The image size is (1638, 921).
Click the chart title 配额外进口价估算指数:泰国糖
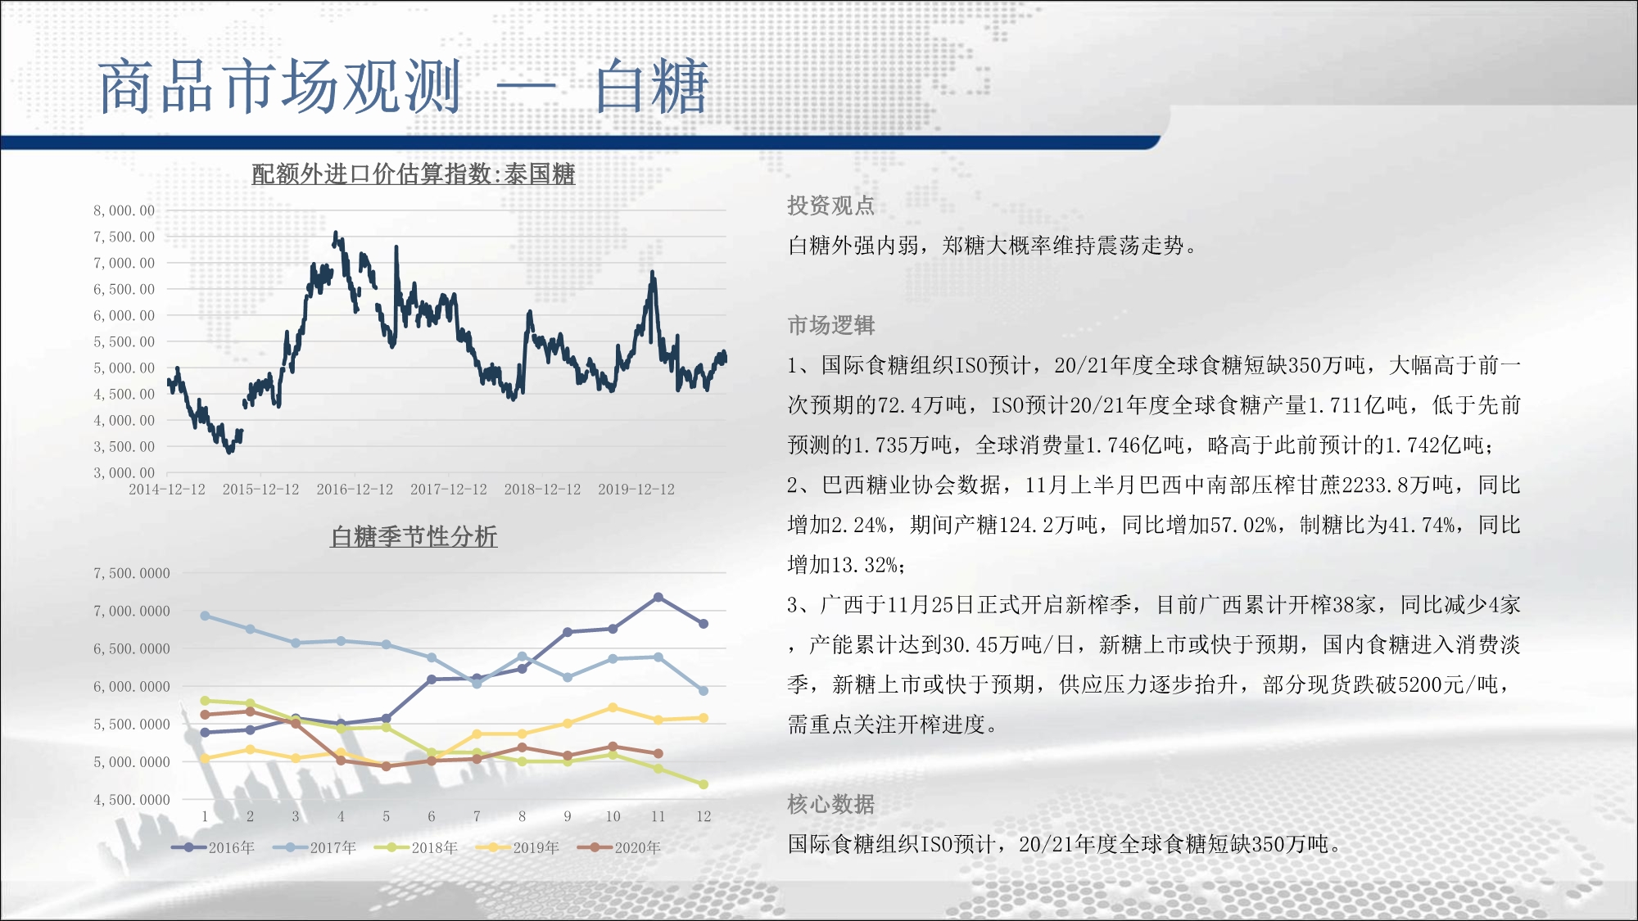[414, 174]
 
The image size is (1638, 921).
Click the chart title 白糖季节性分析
[414, 537]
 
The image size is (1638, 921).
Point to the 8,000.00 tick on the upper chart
[124, 211]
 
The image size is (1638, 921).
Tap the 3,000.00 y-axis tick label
[124, 473]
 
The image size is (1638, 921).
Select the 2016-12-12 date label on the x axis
[355, 490]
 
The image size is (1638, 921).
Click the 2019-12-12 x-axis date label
[636, 490]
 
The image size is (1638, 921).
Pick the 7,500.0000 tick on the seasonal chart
[132, 574]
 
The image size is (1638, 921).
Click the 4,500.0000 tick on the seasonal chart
[132, 800]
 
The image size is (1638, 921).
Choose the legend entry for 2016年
[213, 847]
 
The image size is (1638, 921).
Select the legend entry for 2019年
[518, 847]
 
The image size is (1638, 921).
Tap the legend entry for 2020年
[619, 847]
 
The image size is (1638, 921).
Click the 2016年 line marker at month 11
[658, 598]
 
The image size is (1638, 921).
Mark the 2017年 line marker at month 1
[205, 616]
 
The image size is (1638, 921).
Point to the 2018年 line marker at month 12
[703, 784]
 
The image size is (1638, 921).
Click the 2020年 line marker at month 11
[658, 753]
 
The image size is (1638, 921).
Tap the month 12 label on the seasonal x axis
[704, 816]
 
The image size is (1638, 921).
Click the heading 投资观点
[831, 205]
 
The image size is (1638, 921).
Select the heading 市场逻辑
[831, 325]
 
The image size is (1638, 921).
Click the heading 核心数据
[831, 804]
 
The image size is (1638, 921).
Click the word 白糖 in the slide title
[651, 86]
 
